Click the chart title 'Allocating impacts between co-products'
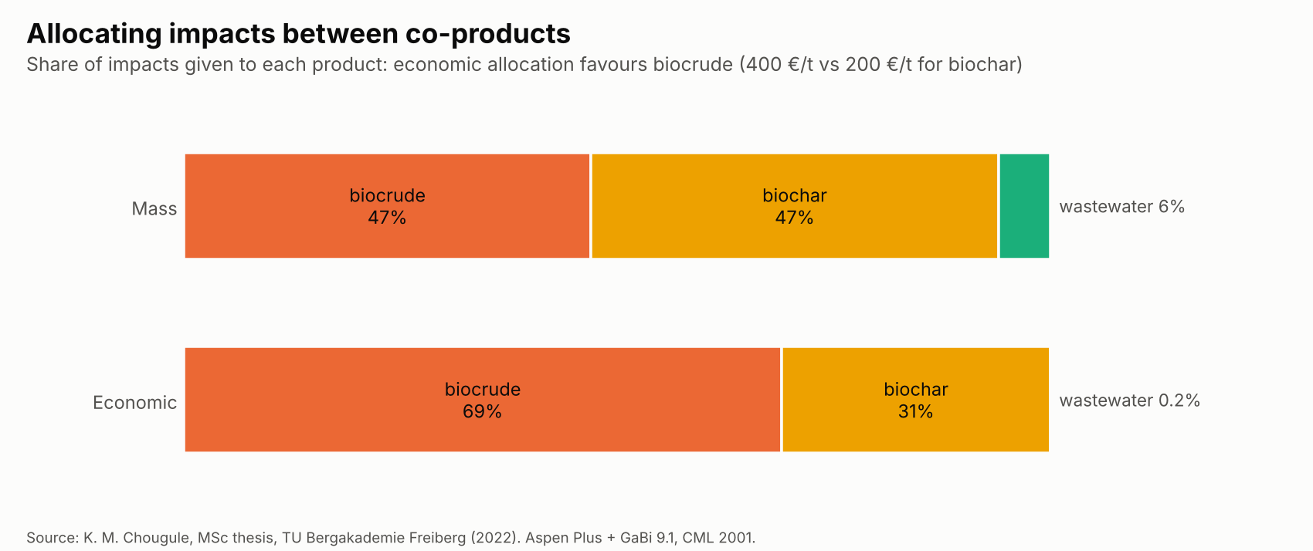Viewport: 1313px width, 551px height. pyautogui.click(x=298, y=34)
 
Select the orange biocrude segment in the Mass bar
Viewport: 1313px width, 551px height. pyautogui.click(x=387, y=206)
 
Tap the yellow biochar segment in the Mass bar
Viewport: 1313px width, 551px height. pyautogui.click(x=794, y=206)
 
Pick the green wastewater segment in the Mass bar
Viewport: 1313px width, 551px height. pyautogui.click(x=1024, y=206)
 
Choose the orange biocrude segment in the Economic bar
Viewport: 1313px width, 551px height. pyautogui.click(x=483, y=400)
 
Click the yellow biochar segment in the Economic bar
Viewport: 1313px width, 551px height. pyautogui.click(x=915, y=400)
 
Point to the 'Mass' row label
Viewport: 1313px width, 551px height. pyautogui.click(x=154, y=208)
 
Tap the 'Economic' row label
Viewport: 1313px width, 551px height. pyautogui.click(x=135, y=402)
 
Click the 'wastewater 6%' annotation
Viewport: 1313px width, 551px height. pyautogui.click(x=1122, y=207)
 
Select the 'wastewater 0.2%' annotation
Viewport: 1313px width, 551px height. pyautogui.click(x=1129, y=401)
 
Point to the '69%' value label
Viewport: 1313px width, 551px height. pyautogui.click(x=482, y=411)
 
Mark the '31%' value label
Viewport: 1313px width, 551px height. pyautogui.click(x=915, y=411)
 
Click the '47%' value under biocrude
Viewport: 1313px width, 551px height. pyautogui.click(x=387, y=218)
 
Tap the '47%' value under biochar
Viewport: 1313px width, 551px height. pyautogui.click(x=794, y=218)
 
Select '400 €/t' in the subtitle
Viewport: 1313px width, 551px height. pyautogui.click(x=779, y=64)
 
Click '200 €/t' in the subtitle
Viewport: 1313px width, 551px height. pyautogui.click(x=879, y=64)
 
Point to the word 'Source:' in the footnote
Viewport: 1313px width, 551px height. pyautogui.click(x=53, y=538)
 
